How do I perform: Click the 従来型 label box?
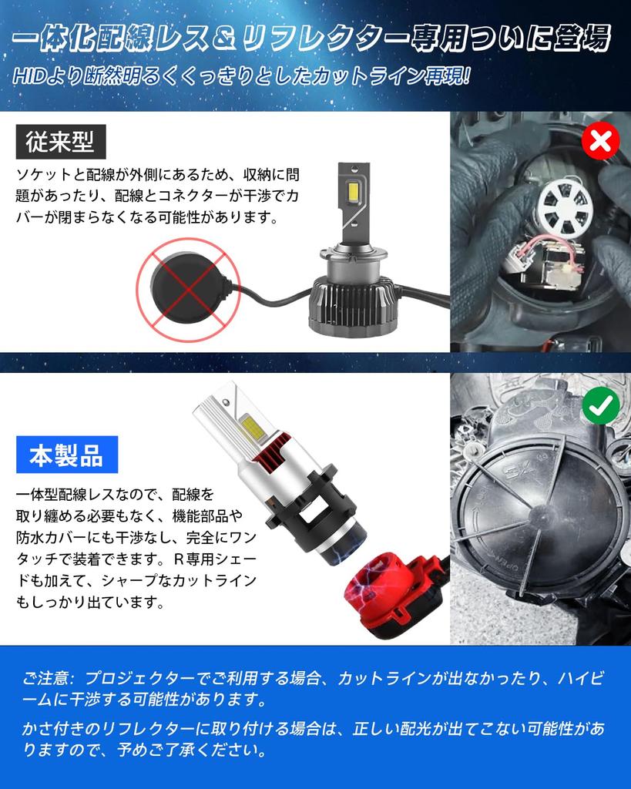click(x=60, y=142)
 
